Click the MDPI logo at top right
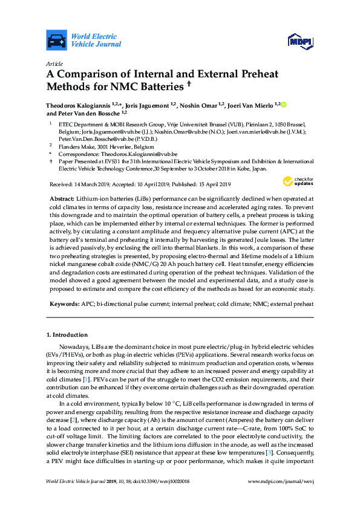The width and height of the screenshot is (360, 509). (300, 41)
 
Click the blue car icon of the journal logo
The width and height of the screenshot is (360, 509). (56, 40)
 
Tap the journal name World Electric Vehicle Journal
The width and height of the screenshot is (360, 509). (96, 40)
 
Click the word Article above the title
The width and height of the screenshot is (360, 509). (54, 63)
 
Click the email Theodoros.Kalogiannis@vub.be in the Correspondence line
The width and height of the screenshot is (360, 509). (137, 154)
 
